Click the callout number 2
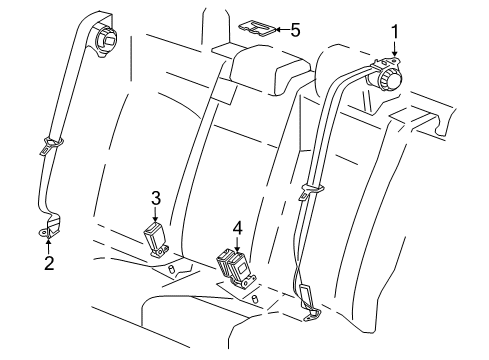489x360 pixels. pos(47,264)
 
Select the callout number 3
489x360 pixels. pos(156,196)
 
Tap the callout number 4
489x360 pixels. pos(237,228)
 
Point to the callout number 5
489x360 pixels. pos(294,29)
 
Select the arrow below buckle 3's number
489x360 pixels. pos(156,214)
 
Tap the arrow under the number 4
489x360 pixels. pos(237,245)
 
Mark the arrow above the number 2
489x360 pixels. pos(47,245)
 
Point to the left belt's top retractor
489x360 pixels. pos(104,37)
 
